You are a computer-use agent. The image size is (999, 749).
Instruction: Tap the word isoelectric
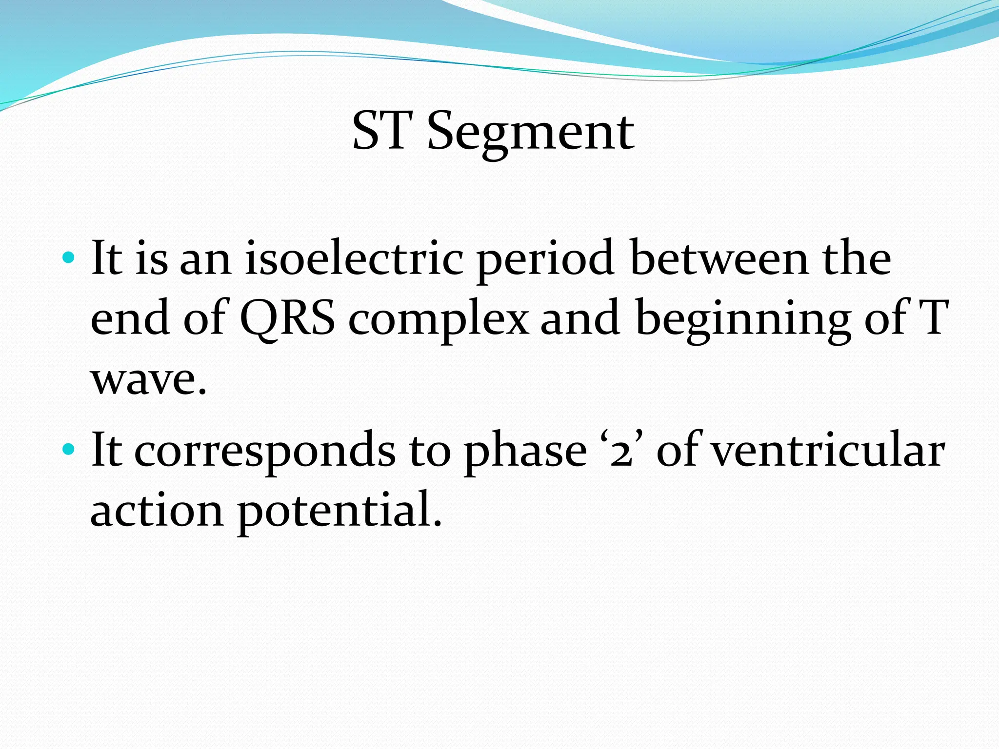pos(354,258)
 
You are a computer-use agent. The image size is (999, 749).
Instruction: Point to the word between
pos(719,258)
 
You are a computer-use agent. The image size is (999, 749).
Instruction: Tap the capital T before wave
pos(932,318)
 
